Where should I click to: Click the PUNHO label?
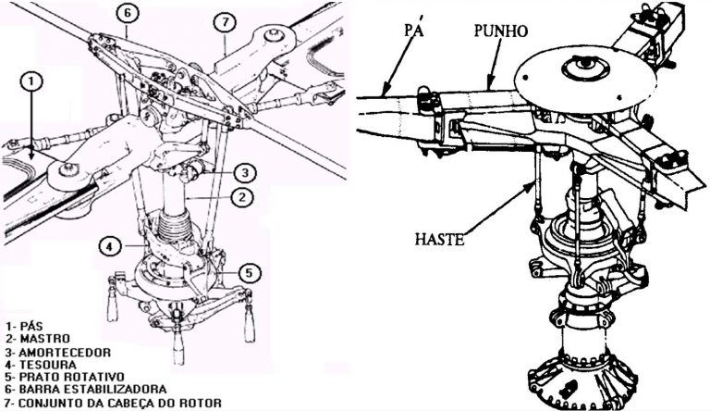click(x=500, y=31)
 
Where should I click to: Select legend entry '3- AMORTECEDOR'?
click(x=57, y=353)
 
